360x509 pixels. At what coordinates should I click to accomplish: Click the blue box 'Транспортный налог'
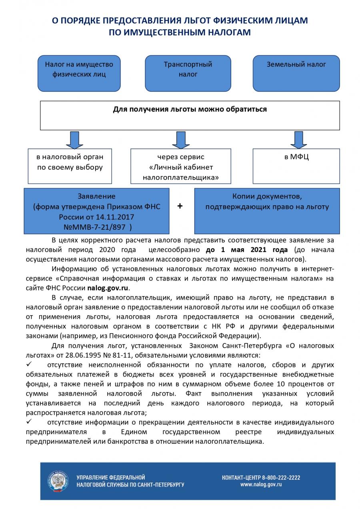(x=188, y=73)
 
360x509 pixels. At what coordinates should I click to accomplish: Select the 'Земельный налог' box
(x=296, y=73)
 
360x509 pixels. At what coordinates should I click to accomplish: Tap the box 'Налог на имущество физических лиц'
(x=79, y=73)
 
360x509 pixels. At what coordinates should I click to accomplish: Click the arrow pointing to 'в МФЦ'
(x=298, y=139)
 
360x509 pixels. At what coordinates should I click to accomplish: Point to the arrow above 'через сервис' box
(x=181, y=139)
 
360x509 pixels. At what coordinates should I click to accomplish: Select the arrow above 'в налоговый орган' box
(x=74, y=139)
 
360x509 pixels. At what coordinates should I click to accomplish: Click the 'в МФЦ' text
(x=296, y=157)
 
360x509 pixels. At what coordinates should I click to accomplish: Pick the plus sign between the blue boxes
(x=180, y=206)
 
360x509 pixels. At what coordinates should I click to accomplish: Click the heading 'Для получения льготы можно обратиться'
(x=190, y=109)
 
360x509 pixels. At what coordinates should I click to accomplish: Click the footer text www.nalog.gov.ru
(x=261, y=485)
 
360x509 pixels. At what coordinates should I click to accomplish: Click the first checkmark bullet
(x=29, y=364)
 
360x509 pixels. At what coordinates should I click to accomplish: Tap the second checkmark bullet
(x=29, y=422)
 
